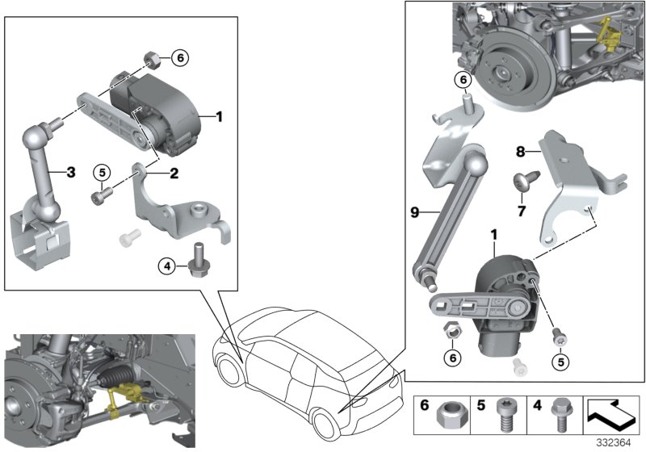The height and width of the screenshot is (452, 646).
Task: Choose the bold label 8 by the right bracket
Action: pos(520,150)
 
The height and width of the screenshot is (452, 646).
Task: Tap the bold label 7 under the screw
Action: pos(522,211)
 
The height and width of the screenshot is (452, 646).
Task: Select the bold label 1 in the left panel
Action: pos(219,117)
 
